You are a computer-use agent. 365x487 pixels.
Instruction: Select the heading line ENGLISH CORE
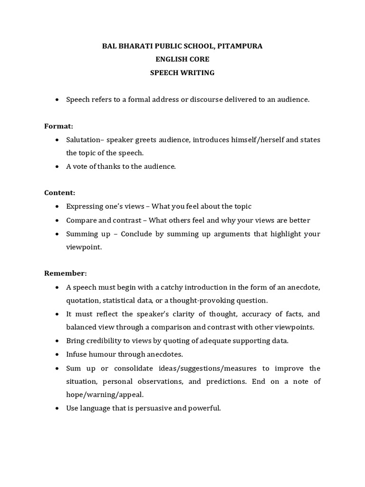click(182, 59)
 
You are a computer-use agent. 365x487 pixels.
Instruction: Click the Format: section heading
click(59, 126)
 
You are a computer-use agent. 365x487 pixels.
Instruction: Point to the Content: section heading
click(60, 193)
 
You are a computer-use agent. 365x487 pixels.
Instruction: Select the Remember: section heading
click(66, 273)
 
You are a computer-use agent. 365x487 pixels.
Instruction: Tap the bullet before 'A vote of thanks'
click(57, 167)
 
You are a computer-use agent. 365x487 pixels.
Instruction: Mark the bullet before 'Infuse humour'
click(57, 354)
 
